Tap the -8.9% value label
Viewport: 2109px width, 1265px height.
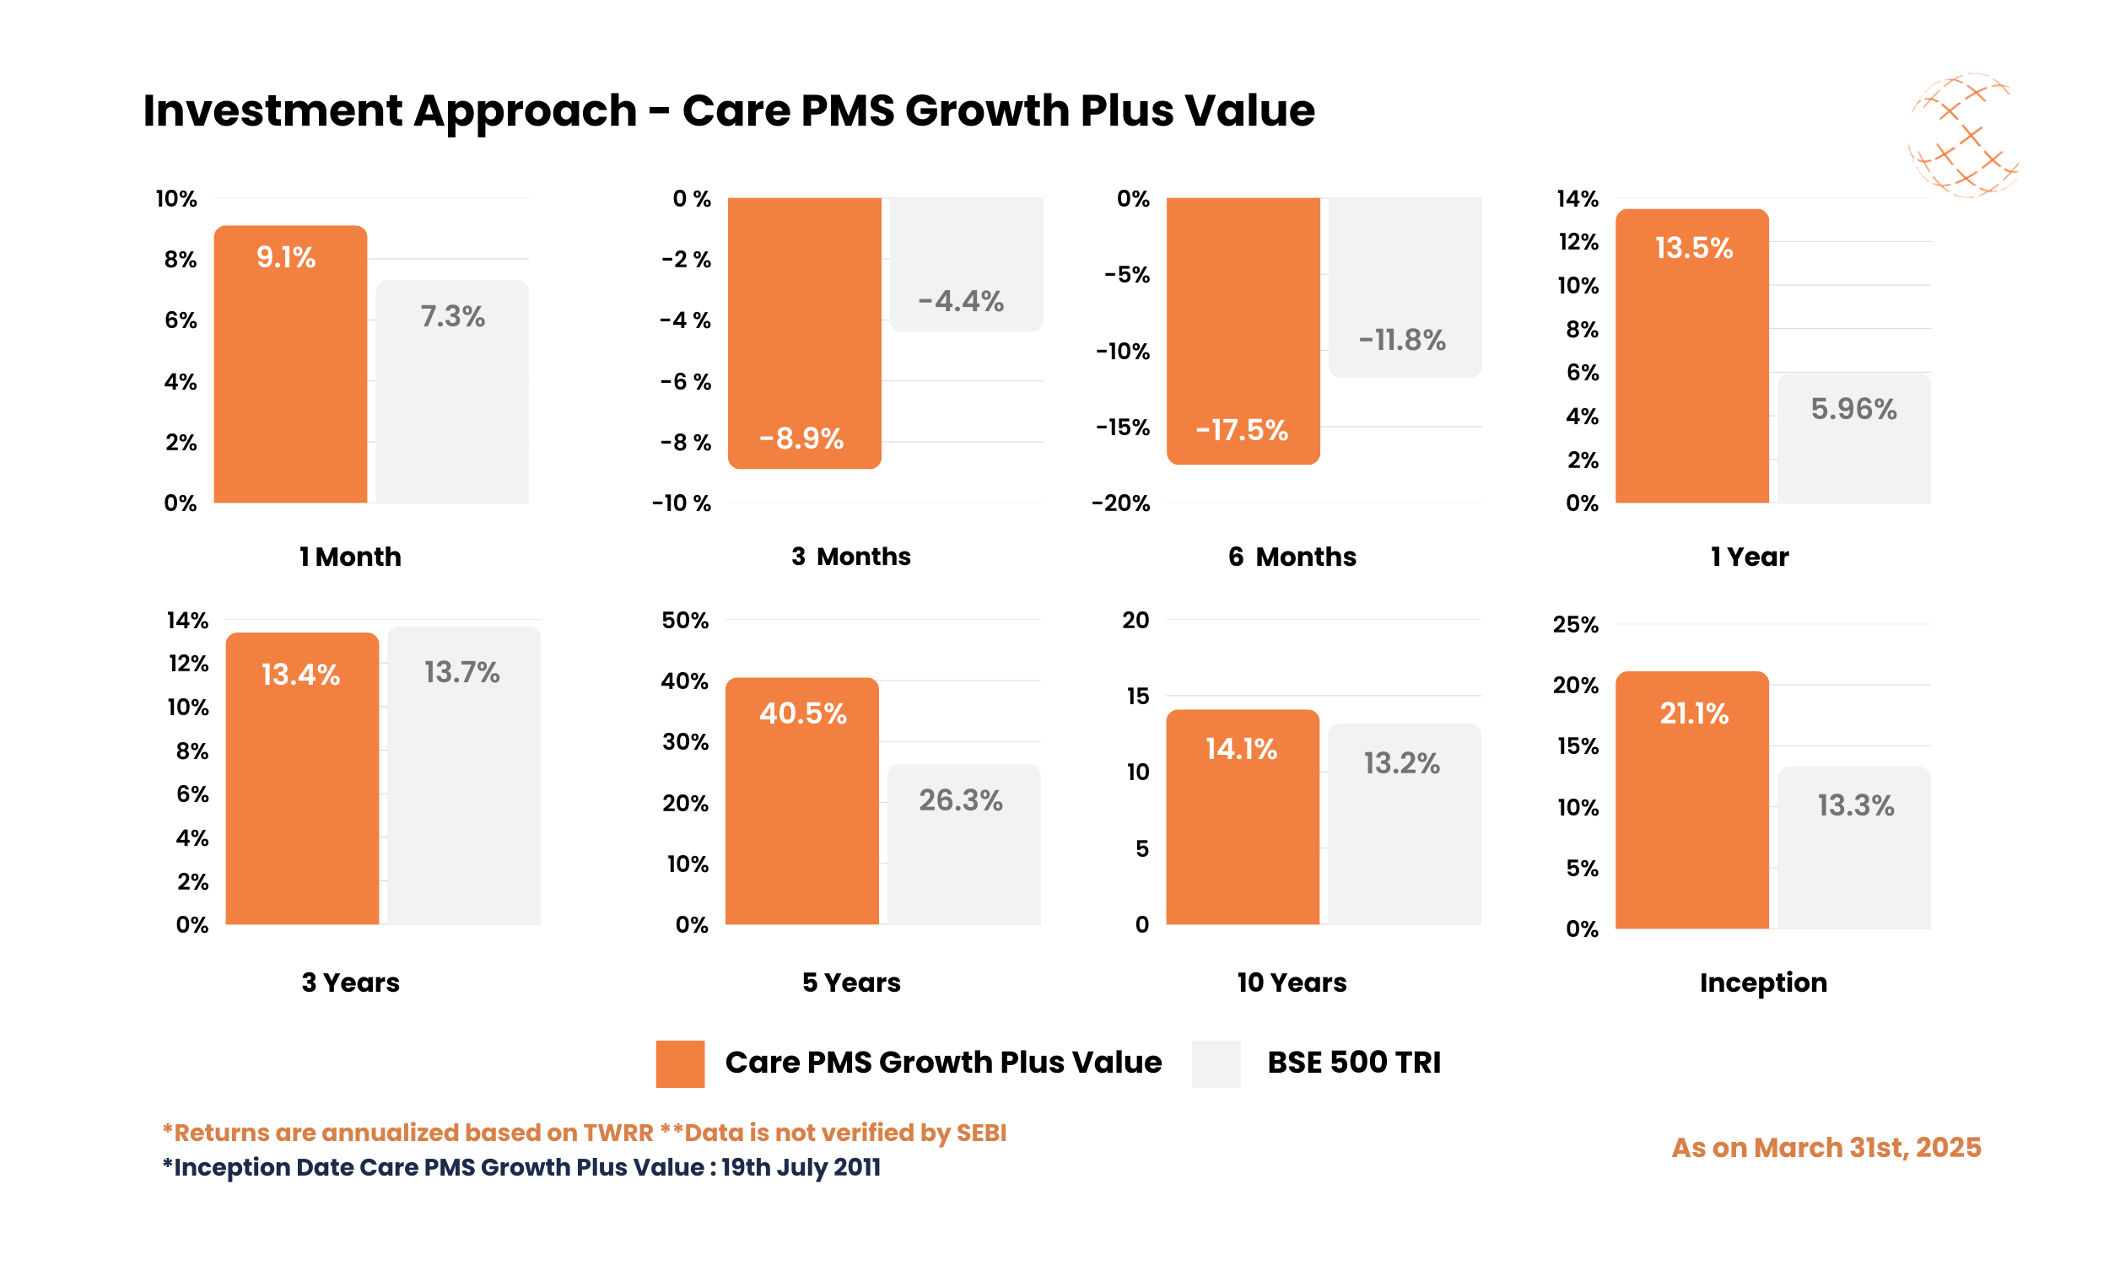[x=801, y=439]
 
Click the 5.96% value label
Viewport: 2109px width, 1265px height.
[x=1853, y=409]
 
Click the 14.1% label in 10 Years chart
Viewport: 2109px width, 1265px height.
[x=1240, y=749]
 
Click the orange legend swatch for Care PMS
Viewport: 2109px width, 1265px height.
[x=679, y=1063]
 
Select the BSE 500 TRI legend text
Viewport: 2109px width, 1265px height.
[x=1353, y=1063]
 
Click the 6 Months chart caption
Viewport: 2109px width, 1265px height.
[x=1292, y=557]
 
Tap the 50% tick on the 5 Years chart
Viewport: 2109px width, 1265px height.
[x=684, y=621]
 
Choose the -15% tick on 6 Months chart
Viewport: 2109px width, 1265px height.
[x=1122, y=427]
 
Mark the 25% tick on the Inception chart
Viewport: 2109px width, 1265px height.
[x=1574, y=625]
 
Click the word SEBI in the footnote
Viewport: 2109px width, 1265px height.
[x=980, y=1133]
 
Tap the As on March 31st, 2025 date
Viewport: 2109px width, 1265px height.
[x=1826, y=1148]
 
